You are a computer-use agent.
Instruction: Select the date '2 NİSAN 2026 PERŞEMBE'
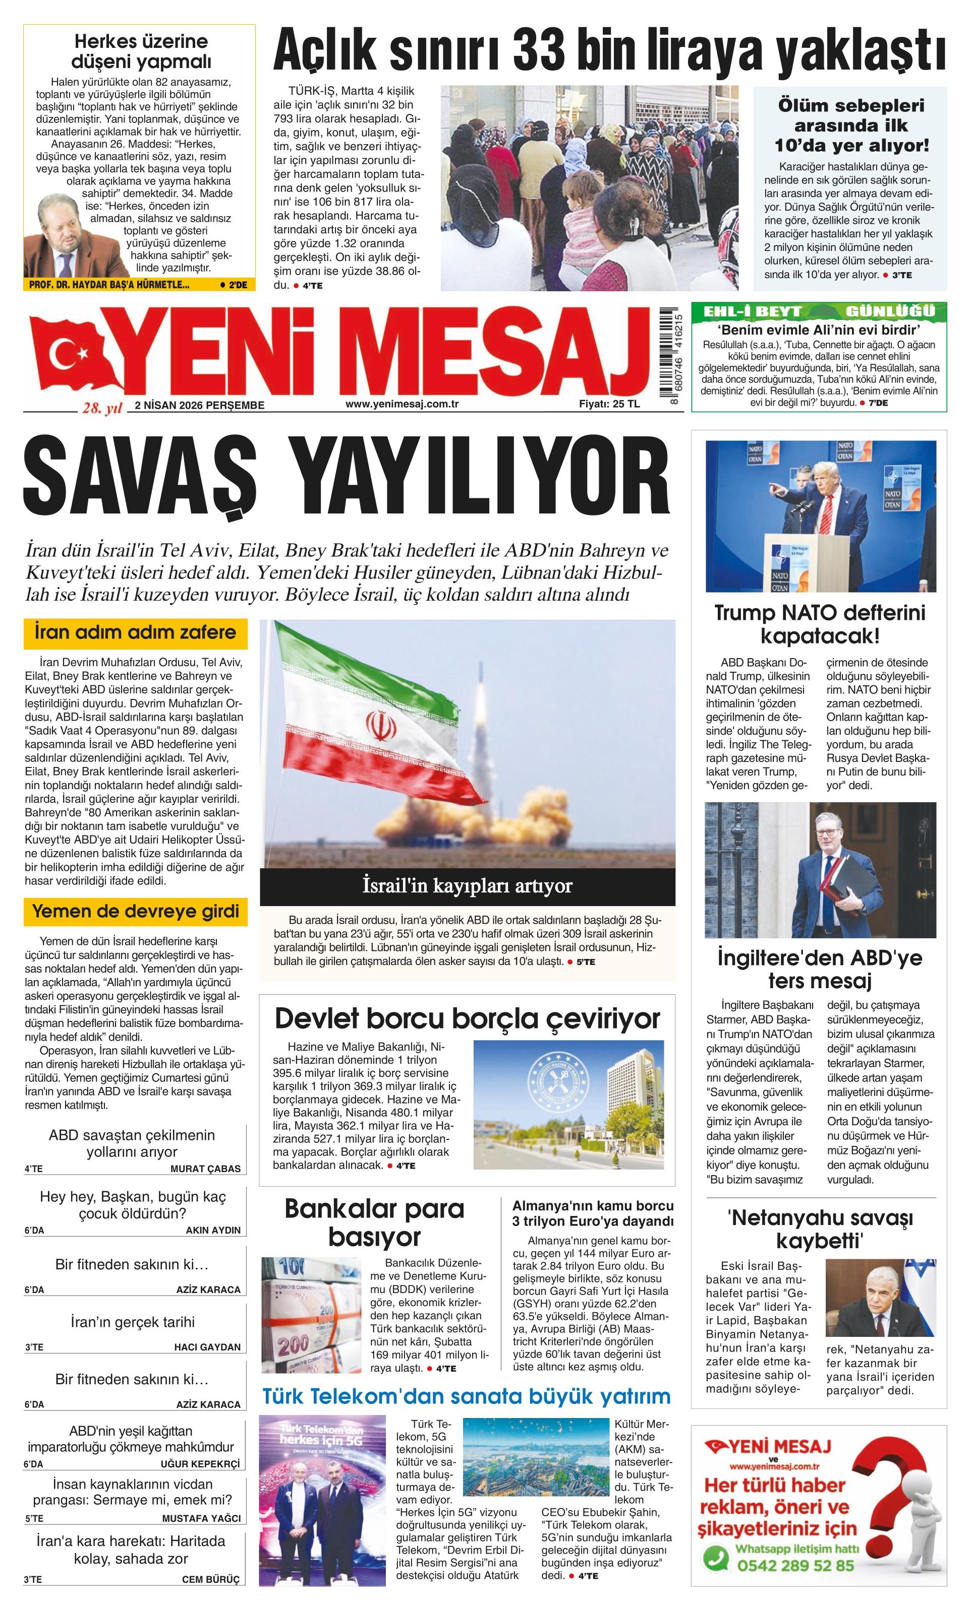[199, 405]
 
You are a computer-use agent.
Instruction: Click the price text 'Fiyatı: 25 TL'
[609, 404]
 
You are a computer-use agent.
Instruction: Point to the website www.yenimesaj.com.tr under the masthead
[402, 404]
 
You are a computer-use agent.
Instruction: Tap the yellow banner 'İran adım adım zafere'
[135, 632]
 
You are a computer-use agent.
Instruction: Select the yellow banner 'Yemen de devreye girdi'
[135, 911]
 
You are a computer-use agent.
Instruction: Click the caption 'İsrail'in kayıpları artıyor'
[467, 886]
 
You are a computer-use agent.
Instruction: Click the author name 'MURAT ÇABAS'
[205, 1168]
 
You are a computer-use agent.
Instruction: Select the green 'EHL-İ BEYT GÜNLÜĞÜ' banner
[819, 311]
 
